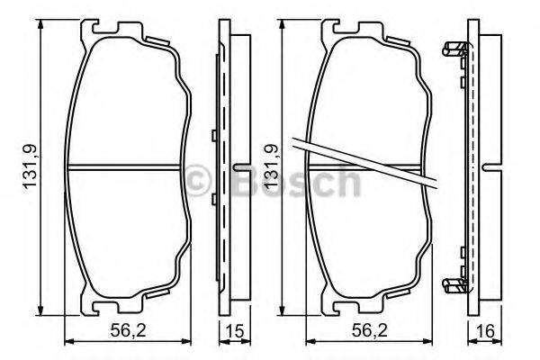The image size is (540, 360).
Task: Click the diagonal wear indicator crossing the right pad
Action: click(x=364, y=163)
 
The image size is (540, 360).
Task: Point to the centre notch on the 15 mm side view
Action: click(x=241, y=167)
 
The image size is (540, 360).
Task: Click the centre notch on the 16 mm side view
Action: click(x=491, y=167)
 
